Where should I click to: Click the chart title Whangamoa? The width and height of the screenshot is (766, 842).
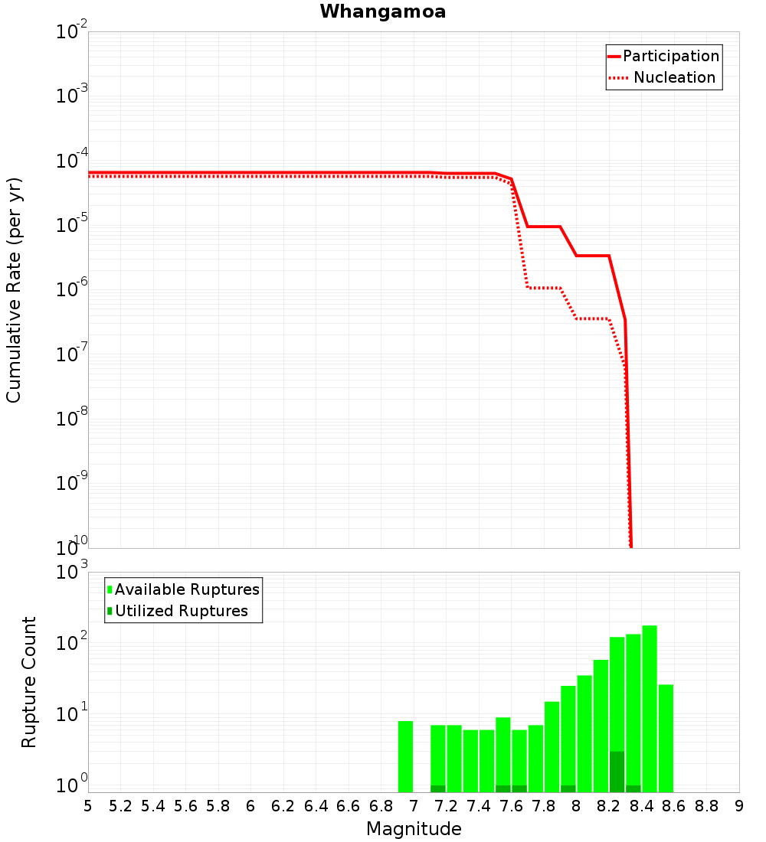[383, 11]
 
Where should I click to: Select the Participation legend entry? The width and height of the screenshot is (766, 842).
[670, 57]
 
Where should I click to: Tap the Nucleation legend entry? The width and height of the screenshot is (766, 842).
[673, 78]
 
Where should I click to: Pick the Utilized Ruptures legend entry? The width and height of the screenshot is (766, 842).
[181, 611]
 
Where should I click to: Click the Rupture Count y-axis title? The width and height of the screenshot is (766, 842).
[29, 681]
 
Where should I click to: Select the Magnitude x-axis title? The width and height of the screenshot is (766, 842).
[414, 829]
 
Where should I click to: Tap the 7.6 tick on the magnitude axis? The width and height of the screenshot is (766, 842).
[512, 806]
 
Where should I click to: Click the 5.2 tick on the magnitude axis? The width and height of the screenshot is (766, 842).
[121, 806]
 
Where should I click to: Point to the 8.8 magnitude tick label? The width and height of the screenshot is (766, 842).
[707, 806]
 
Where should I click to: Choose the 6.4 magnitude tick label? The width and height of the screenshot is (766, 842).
[316, 806]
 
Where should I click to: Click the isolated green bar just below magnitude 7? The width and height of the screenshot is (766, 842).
[406, 756]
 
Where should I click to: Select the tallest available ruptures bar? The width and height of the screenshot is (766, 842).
[650, 708]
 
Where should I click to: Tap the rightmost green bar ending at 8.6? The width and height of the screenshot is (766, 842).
[666, 738]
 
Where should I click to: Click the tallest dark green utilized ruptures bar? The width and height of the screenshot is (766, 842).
[617, 772]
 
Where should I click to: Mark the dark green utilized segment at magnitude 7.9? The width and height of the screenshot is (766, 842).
[568, 788]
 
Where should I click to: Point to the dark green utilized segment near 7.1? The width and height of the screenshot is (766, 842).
[438, 788]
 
